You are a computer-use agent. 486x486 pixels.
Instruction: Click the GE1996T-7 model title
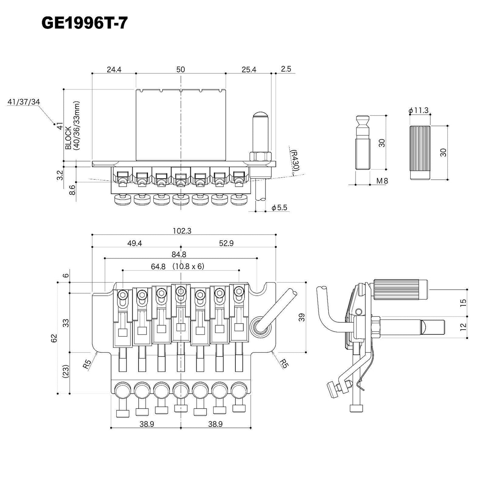pos(84,24)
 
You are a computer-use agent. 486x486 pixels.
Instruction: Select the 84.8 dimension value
pos(179,255)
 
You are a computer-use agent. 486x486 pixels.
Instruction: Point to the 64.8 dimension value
pos(158,266)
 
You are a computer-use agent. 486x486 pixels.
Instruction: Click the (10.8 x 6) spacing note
pos(188,266)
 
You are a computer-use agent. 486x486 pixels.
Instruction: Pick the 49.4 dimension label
pos(135,243)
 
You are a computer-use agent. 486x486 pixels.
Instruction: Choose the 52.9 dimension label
pos(226,243)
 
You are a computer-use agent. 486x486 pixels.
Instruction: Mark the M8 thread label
pos(382,181)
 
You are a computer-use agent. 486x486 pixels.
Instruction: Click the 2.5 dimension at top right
pos(286,69)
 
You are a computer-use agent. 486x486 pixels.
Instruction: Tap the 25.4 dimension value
pos(249,70)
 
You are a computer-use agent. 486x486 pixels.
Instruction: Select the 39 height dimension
pos(302,317)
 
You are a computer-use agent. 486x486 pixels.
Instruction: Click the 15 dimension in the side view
pos(463,302)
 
